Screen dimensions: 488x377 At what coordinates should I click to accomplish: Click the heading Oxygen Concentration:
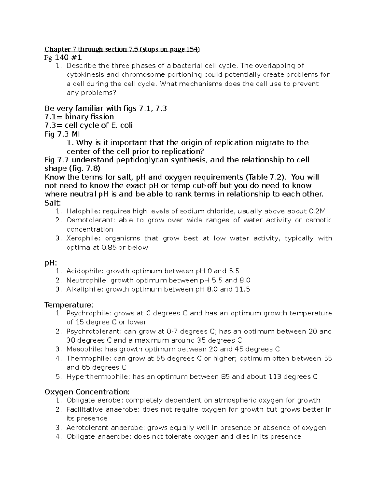point(87,392)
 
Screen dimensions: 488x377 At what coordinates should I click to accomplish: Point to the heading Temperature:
point(69,305)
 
